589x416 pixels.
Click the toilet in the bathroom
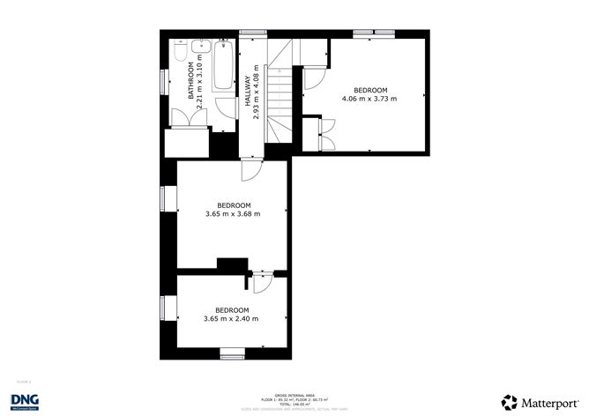tap(179, 54)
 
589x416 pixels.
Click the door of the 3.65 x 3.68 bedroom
tap(250, 170)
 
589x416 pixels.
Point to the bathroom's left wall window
tap(163, 80)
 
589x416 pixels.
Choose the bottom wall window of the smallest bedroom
tap(232, 354)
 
